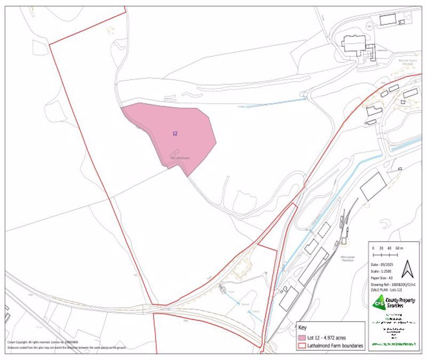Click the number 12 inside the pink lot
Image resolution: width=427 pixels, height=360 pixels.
tap(175, 133)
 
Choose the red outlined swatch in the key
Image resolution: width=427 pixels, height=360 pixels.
tap(302, 346)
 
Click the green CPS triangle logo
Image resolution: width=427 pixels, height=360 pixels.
tap(379, 303)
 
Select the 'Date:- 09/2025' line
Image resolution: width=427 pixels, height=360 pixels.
tap(383, 264)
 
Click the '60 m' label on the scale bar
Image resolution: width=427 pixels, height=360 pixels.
tap(399, 249)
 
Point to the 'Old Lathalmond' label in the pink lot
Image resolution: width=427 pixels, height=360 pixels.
tap(180, 158)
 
